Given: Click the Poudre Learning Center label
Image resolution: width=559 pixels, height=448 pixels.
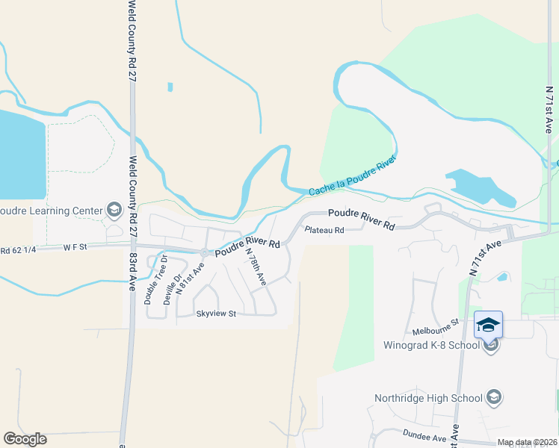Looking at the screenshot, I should point(51,211).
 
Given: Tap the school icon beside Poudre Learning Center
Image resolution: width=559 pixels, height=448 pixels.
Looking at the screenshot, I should point(114,211).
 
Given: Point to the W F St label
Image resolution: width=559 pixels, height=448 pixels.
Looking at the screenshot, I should point(75,245).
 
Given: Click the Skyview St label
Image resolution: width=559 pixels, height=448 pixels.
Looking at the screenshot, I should point(216,314).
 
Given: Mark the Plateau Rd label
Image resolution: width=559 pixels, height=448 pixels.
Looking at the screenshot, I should point(324,230).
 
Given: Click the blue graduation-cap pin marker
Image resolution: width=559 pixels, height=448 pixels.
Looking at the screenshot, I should point(488,325).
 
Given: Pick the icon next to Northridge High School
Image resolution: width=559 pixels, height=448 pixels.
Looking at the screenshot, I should point(493,397).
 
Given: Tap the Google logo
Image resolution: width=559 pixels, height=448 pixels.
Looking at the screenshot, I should point(25,439).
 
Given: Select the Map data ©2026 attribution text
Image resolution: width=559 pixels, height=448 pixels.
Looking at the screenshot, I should point(527,443).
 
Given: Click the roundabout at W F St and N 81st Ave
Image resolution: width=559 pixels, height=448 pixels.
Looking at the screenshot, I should point(204,252).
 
